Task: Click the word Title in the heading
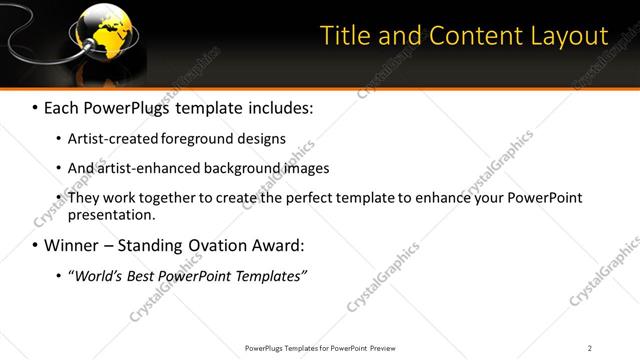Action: (x=345, y=36)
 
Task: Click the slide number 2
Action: (x=590, y=348)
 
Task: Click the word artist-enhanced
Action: (x=142, y=168)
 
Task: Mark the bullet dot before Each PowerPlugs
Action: (x=36, y=107)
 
